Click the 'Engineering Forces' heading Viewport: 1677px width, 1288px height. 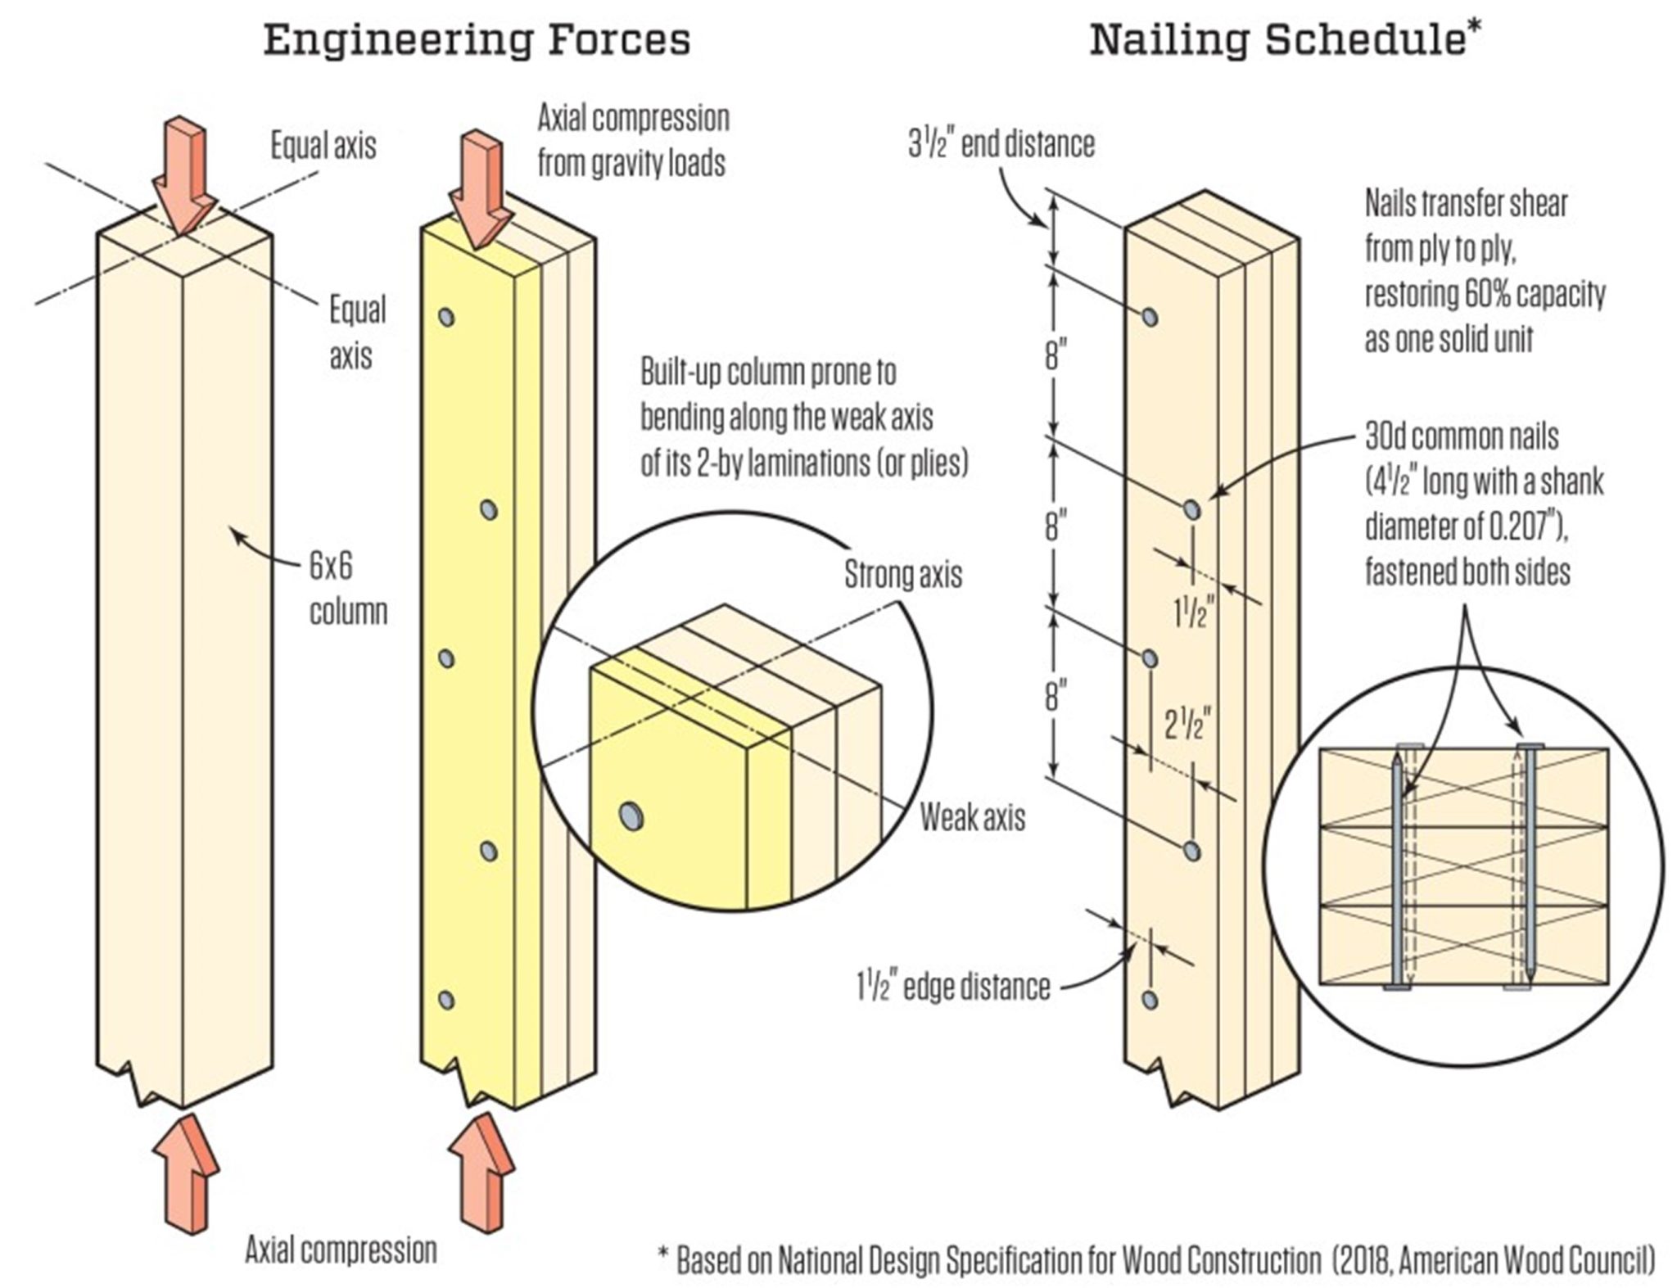477,40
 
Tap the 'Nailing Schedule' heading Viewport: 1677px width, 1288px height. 1277,40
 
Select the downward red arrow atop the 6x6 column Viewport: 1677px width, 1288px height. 187,176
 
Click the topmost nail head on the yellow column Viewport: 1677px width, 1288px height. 446,317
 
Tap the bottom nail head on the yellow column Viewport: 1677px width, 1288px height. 446,1000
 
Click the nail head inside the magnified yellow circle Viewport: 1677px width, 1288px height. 631,816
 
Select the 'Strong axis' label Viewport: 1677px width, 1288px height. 902,575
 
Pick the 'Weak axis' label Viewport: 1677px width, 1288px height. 972,817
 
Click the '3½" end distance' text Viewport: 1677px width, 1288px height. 1001,144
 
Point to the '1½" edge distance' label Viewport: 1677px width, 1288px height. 953,987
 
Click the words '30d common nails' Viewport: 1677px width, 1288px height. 1462,436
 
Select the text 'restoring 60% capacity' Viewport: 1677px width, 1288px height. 1485,294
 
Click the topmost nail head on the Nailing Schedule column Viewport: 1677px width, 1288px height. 1150,317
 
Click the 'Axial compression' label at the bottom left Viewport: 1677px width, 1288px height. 341,1250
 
